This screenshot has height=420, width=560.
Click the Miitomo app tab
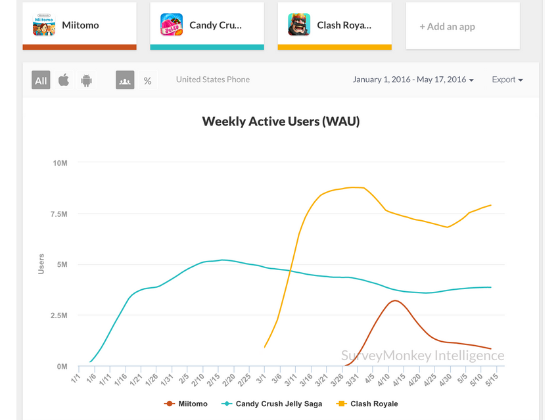pos(80,25)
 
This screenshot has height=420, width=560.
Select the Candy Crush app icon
pos(172,25)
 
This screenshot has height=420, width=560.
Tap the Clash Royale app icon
pos(299,25)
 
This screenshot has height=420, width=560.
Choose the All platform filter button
pos(41,80)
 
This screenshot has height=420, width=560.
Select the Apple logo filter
pos(64,80)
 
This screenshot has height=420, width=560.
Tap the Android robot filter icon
pos(86,80)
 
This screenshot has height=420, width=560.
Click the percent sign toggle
pos(147,80)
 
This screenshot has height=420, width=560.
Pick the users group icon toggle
pos(125,80)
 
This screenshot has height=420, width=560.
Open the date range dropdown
pos(413,80)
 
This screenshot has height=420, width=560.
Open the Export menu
pos(507,80)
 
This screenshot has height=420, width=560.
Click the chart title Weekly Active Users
pos(281,121)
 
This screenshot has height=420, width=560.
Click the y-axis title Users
pos(41,264)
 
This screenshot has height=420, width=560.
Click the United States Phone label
pos(212,80)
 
